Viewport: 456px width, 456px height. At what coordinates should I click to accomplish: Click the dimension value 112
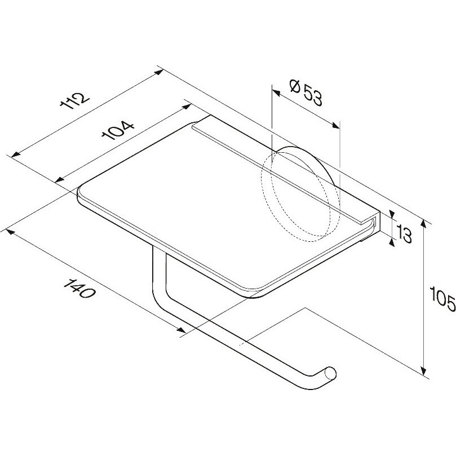pos(74,101)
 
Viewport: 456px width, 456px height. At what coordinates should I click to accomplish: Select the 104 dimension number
pos(118,130)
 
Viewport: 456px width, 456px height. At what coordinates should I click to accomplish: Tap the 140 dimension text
pos(79,288)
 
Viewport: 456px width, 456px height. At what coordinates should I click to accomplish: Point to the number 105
pos(442,296)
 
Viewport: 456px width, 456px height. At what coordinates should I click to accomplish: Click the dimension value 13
pos(404,234)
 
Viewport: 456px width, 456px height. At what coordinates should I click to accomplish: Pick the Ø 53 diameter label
pos(306,93)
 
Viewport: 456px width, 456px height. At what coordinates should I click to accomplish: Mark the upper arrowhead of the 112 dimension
pos(159,72)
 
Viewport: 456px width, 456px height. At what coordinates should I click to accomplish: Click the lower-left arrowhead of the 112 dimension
pos(15,154)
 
